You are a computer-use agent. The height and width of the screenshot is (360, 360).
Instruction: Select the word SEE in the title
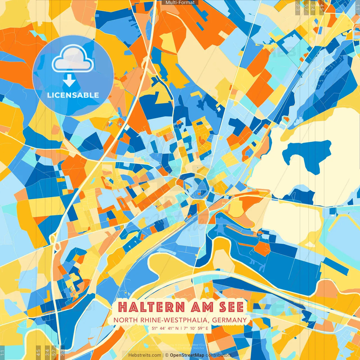pos(231,307)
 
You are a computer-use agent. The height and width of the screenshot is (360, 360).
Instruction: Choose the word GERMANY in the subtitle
pos(229,320)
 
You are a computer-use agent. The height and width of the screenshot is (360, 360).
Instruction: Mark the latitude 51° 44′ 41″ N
pos(165,328)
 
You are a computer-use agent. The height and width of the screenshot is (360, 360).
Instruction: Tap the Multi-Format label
pos(180,3)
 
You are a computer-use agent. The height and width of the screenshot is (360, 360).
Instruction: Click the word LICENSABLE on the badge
pos(73,95)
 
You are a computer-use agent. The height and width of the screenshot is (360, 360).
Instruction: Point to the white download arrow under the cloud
pos(69,81)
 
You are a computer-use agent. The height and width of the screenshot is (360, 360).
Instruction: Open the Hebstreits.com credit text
pos(145,355)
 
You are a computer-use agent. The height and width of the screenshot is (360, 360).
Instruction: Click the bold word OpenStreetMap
pos(187,355)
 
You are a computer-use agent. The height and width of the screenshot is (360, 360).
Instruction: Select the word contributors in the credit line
pos(218,355)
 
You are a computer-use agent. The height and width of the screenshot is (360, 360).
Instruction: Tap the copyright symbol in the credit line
pos(167,355)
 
